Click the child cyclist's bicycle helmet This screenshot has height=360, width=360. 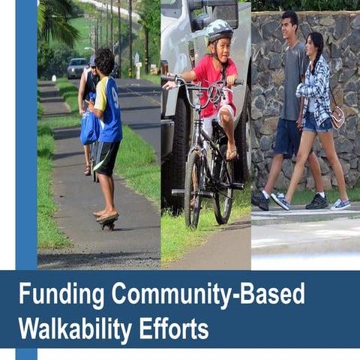218,30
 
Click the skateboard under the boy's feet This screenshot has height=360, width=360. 108,219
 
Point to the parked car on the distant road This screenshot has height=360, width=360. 77,67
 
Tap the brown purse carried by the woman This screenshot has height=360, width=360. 337,116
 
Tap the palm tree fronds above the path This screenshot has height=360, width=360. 57,21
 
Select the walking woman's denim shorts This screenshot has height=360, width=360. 316,122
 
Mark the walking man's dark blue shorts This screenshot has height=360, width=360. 287,136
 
